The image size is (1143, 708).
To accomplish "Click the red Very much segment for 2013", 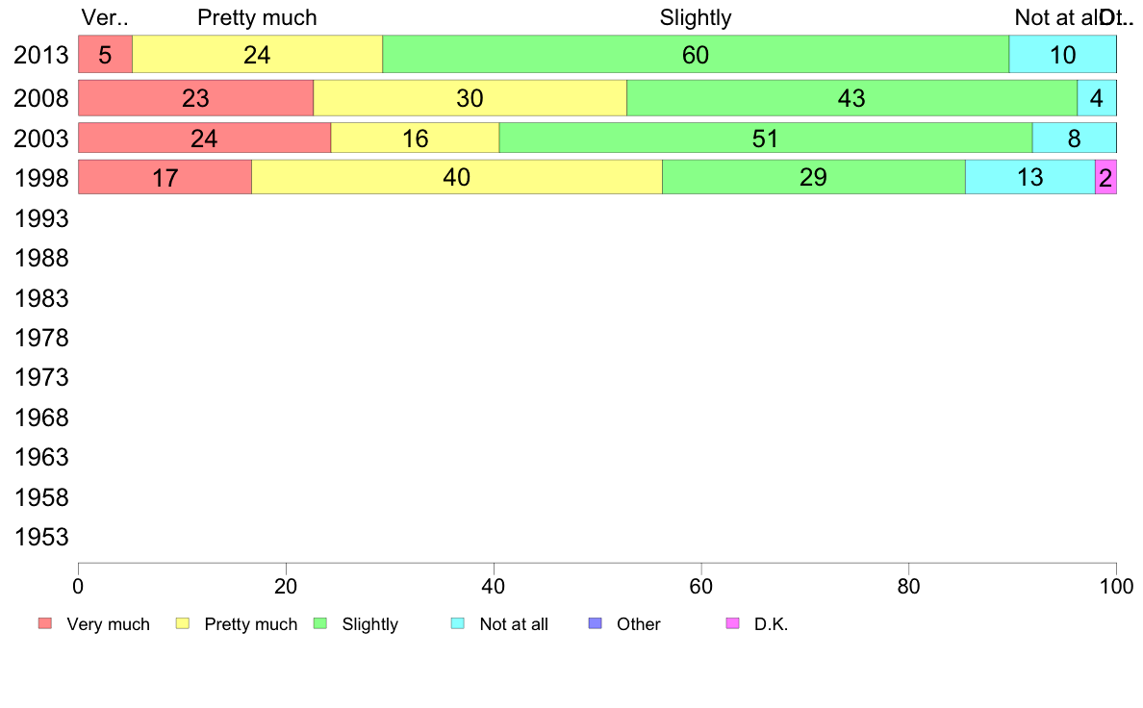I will (105, 55).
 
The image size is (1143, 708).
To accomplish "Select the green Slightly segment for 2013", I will (695, 55).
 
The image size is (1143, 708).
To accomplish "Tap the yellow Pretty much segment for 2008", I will (470, 98).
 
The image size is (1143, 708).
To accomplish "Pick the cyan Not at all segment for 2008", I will (1096, 98).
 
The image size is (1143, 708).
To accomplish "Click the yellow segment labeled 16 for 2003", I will (415, 139).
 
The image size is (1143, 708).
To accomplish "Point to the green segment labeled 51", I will (765, 139).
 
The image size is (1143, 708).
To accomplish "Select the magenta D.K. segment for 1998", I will (1105, 178).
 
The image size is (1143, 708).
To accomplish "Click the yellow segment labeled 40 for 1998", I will (456, 178).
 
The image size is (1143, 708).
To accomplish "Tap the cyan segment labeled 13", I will (1029, 178).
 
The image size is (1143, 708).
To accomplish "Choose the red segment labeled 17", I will (165, 178).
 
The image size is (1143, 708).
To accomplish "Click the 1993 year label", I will (40, 219).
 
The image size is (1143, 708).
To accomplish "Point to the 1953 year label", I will (40, 537).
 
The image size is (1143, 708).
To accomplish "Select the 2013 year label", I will (40, 55).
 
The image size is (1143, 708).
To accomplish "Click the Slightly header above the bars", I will (695, 17).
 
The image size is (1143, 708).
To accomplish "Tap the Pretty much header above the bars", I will (257, 17).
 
